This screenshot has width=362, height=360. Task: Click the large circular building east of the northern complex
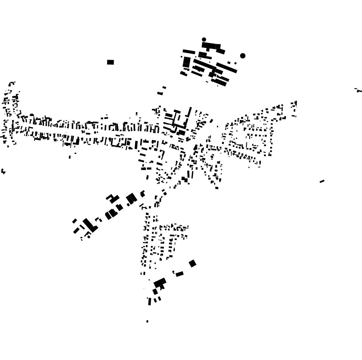click(243, 56)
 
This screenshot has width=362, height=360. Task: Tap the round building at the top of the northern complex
click(204, 39)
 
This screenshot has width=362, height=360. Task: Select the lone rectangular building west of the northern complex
click(111, 62)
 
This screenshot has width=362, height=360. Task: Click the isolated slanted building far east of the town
click(322, 181)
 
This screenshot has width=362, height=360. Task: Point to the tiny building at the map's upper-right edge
click(358, 90)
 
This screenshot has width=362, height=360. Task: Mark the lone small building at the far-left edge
click(3, 171)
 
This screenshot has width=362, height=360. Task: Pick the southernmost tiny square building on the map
click(147, 321)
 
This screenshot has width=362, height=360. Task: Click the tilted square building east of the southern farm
click(192, 263)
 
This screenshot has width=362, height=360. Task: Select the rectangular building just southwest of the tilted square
click(179, 274)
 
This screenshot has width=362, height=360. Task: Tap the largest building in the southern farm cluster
click(160, 282)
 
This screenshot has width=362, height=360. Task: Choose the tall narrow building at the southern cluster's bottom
click(149, 301)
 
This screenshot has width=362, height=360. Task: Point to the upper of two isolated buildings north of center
click(164, 87)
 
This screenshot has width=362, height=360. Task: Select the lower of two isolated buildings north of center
click(160, 94)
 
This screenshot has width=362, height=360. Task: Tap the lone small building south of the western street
click(70, 157)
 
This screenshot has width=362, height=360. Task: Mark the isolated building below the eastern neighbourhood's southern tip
click(217, 188)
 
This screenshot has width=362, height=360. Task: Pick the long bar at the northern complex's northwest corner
click(189, 51)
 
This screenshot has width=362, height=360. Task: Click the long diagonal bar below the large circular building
click(227, 68)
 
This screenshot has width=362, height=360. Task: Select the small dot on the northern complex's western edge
click(181, 57)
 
